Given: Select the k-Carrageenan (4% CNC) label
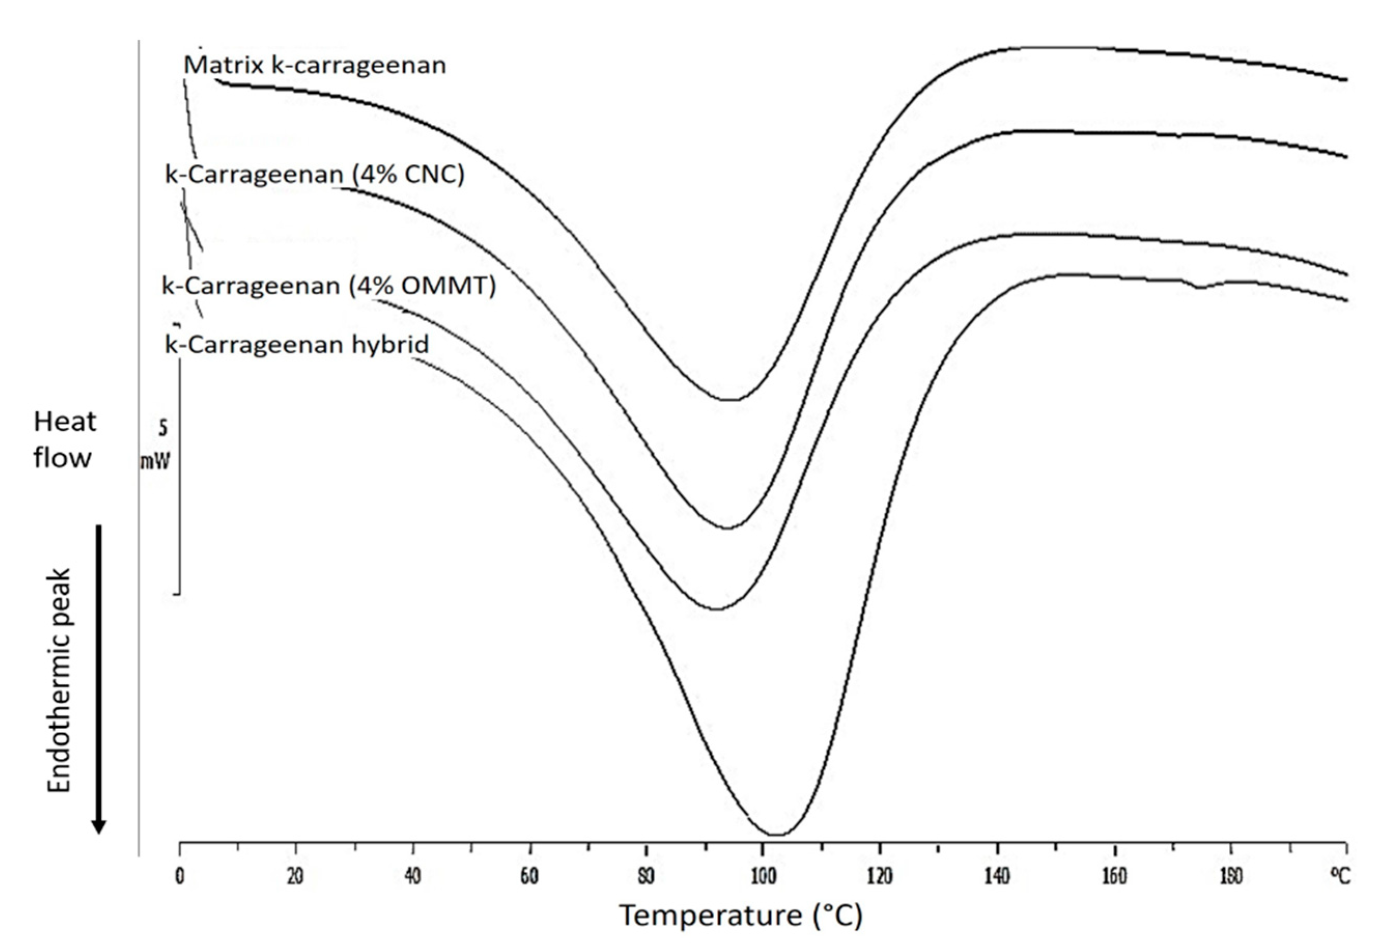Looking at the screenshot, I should point(315,175).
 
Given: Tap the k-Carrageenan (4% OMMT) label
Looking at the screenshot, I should point(329,286).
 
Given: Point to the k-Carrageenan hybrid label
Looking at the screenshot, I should point(296,344).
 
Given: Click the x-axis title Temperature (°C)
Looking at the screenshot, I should point(741,915).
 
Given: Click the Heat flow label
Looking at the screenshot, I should point(64,440).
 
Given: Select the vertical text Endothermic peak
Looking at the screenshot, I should point(59,680).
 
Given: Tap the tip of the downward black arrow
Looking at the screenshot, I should point(99,832).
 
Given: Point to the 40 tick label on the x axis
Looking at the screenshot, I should point(413,877).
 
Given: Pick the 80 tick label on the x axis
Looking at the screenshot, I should point(646,877).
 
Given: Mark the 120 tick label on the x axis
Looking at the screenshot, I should point(879,877).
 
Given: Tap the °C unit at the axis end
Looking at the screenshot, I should point(1339,876).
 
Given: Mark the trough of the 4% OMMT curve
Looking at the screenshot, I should point(716,609).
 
